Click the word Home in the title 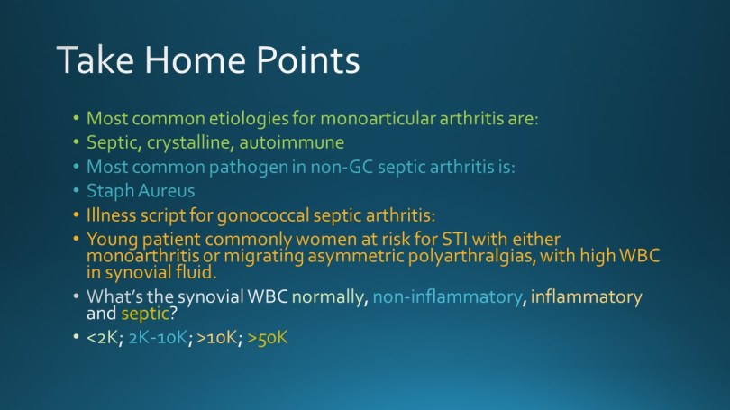pyautogui.click(x=195, y=59)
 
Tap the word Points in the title pyautogui.click(x=308, y=59)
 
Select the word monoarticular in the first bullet pyautogui.click(x=378, y=118)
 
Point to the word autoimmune pyautogui.click(x=291, y=142)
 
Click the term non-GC pyautogui.click(x=342, y=167)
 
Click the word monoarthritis pyautogui.click(x=143, y=256)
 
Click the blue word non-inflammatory pyautogui.click(x=447, y=297)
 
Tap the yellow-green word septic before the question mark pyautogui.click(x=145, y=314)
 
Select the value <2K pyautogui.click(x=105, y=337)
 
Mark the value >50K pyautogui.click(x=268, y=337)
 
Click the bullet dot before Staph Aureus pyautogui.click(x=76, y=190)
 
